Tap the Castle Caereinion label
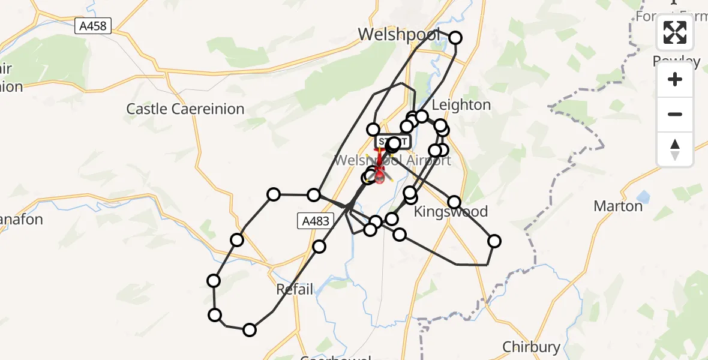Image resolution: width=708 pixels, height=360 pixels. (185, 109)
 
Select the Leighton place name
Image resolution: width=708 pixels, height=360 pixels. (461, 105)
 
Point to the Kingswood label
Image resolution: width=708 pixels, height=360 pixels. (451, 212)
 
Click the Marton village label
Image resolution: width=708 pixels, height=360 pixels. (617, 206)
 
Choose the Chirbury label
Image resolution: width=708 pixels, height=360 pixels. (531, 347)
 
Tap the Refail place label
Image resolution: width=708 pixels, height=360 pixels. (295, 289)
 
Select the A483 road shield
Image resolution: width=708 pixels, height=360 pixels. (316, 221)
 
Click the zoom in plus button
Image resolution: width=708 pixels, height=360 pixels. (675, 79)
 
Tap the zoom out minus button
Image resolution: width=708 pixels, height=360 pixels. (675, 114)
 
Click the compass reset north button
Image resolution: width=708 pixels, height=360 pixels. (675, 149)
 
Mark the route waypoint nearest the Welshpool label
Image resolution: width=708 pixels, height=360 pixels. (455, 38)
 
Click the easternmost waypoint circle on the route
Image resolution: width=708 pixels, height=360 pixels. (494, 241)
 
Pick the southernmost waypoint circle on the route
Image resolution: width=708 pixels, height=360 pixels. (250, 329)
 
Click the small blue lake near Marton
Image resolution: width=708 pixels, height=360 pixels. (645, 196)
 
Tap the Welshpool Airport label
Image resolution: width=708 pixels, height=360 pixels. (392, 161)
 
